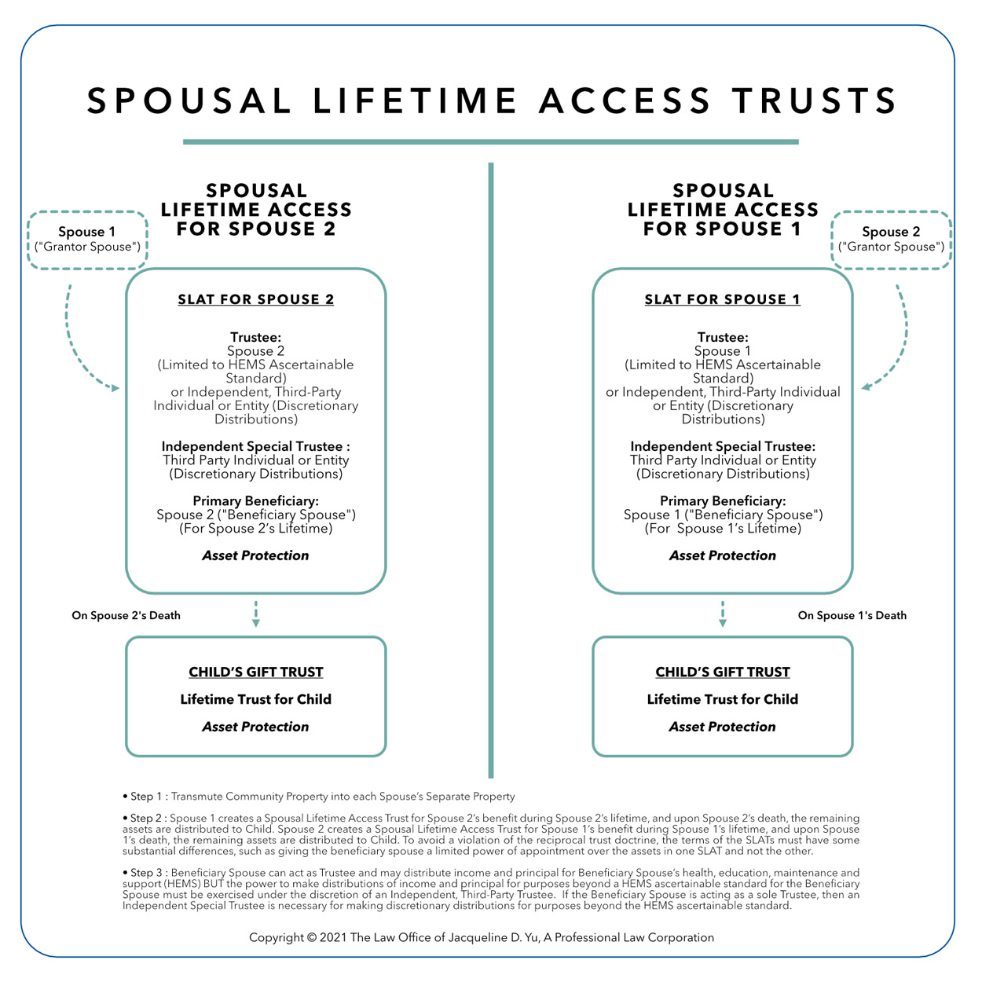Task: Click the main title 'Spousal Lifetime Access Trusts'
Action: [492, 101]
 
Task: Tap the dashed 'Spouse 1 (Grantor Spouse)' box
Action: [87, 240]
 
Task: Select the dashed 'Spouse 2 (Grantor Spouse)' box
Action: [891, 240]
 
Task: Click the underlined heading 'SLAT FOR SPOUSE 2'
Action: [255, 299]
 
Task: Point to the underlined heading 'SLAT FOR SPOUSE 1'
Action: [722, 299]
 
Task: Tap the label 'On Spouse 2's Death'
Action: [126, 615]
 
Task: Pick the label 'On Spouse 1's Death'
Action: [852, 615]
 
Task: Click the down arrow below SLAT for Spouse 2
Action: [256, 614]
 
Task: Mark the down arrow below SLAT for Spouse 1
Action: [723, 614]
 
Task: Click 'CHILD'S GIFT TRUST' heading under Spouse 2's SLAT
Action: [255, 672]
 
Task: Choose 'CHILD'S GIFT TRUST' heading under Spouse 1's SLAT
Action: [722, 672]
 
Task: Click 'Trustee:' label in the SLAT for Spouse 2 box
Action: [255, 337]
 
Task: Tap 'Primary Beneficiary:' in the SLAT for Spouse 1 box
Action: [722, 500]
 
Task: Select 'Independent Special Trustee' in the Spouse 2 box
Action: [255, 446]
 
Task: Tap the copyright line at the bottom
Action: [481, 937]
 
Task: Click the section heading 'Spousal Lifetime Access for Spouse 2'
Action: [256, 210]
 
